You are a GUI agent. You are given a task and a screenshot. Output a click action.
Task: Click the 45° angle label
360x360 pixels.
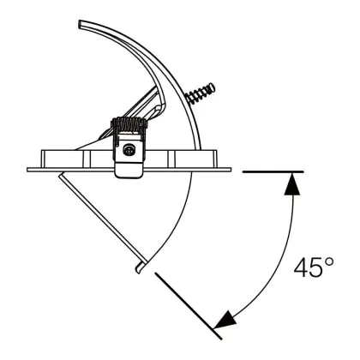314,267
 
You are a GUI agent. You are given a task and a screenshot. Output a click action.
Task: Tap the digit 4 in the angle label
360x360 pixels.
301,267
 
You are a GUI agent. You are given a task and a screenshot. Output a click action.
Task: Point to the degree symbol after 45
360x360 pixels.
329,261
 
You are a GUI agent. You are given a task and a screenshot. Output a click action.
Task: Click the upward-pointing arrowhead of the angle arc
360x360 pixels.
292,184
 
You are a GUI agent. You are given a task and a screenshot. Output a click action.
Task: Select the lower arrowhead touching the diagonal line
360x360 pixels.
225,319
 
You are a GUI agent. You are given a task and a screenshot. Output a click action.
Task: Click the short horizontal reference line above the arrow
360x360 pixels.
273,171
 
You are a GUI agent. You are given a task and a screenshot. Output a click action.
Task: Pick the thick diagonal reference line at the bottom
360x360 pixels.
189,306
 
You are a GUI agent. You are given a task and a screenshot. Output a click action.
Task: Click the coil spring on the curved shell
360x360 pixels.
200,93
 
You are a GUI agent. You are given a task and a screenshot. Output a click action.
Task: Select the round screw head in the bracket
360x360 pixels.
128,150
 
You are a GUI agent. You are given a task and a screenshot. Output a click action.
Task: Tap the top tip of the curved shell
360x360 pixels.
80,23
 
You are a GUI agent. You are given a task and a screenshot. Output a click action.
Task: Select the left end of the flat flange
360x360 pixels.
27,170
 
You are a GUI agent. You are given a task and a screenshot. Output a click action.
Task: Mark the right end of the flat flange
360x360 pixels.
230,170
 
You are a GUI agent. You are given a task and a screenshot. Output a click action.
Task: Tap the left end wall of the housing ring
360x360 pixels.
42,159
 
